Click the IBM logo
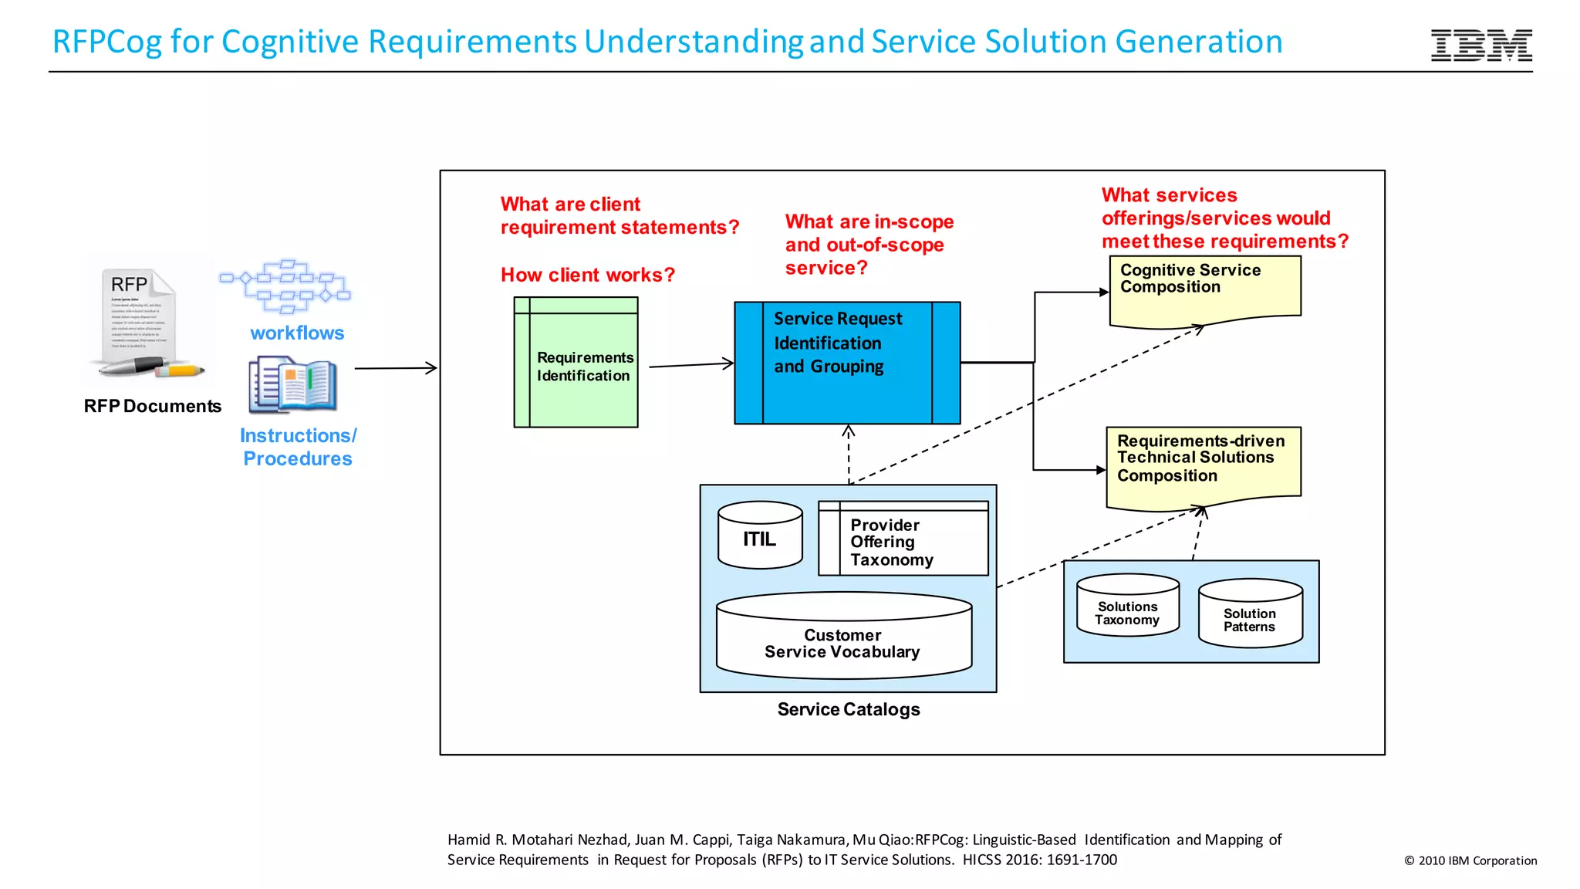pyautogui.click(x=1480, y=46)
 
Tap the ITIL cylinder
pyautogui.click(x=760, y=536)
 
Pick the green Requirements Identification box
pyautogui.click(x=576, y=363)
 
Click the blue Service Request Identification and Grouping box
pyautogui.click(x=847, y=363)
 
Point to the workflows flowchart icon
pyautogui.click(x=285, y=286)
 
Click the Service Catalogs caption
pyautogui.click(x=848, y=709)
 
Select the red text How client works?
pyautogui.click(x=587, y=275)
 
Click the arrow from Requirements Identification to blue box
pyautogui.click(x=690, y=364)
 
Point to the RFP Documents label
pyautogui.click(x=152, y=406)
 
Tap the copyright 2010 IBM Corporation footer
pyautogui.click(x=1470, y=860)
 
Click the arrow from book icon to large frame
pyautogui.click(x=395, y=368)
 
